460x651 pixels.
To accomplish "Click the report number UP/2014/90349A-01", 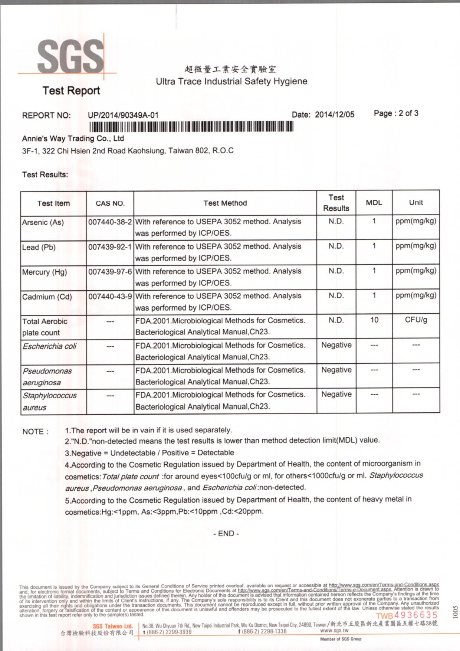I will tap(123, 115).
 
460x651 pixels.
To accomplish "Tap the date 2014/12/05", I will tap(334, 114).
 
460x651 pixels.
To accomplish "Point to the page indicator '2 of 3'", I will tap(408, 113).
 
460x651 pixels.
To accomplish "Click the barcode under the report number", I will tap(191, 127).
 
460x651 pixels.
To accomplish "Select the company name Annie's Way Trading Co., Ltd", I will tap(73, 138).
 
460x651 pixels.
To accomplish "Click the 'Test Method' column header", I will tap(225, 203).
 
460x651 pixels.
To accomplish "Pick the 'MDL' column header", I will tap(374, 203).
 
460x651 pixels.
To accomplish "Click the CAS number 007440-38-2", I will tap(110, 222).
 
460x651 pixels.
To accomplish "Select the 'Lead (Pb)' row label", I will tap(39, 247).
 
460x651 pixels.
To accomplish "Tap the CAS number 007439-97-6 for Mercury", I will tap(110, 272).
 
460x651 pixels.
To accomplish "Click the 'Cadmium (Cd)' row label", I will tap(47, 297).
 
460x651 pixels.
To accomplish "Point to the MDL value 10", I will tap(374, 320).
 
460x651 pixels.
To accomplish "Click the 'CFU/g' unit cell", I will tap(415, 320).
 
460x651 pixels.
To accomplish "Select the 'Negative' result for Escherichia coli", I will tap(336, 345).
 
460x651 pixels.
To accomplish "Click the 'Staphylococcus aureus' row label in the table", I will tap(49, 401).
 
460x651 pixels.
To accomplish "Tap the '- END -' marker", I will tap(226, 533).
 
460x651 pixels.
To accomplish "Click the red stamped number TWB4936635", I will tap(407, 615).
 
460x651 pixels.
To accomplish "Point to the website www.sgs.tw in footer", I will tap(334, 630).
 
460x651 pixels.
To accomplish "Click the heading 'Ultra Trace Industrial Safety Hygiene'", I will tap(231, 81).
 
